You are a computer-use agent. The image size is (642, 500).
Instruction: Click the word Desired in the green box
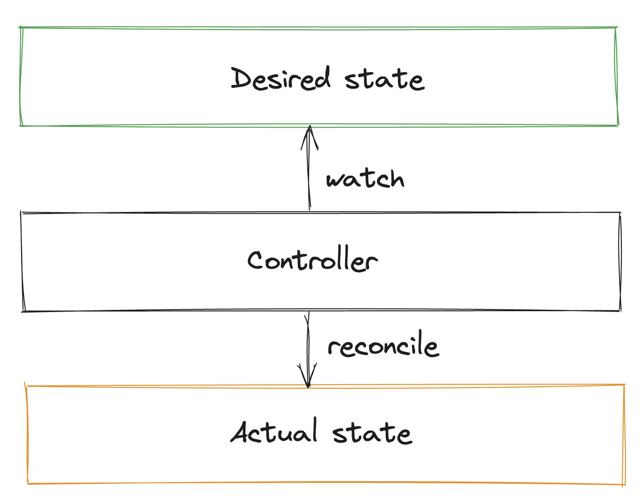(280, 79)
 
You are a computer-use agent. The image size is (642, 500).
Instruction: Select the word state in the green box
(384, 80)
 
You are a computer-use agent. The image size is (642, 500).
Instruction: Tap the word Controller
(312, 261)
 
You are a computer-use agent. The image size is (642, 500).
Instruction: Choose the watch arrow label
(365, 179)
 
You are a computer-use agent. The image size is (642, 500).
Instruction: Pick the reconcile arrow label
(383, 346)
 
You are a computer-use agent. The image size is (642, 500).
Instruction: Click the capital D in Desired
(241, 79)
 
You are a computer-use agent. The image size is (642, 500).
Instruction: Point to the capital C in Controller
(255, 260)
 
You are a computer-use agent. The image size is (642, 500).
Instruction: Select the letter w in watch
(335, 180)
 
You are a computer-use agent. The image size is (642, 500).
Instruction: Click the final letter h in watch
(395, 178)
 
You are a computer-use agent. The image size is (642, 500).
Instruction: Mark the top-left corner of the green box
(21, 28)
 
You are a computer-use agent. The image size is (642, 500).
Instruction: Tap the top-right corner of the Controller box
(620, 213)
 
